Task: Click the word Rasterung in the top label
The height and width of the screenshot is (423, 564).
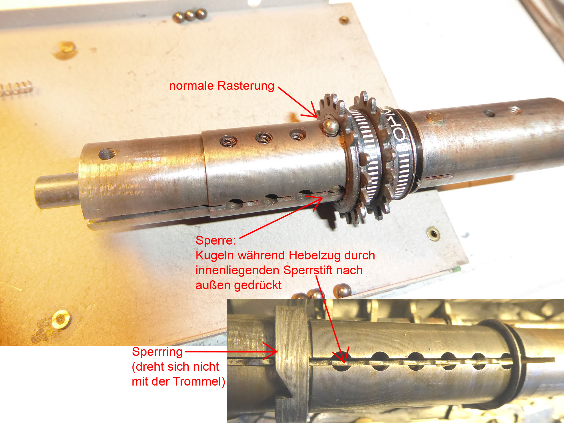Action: tap(246, 86)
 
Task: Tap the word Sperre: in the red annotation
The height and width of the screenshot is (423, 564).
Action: tap(216, 240)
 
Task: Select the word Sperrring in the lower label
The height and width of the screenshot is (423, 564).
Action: tap(157, 352)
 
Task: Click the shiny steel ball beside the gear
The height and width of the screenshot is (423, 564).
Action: tap(330, 127)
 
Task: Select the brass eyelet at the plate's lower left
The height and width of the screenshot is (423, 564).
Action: tap(60, 319)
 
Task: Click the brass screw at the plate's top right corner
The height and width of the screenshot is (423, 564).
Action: tap(344, 20)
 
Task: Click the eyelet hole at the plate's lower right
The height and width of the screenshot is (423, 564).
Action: tap(433, 234)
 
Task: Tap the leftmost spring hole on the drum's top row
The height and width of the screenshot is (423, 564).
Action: tap(229, 141)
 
